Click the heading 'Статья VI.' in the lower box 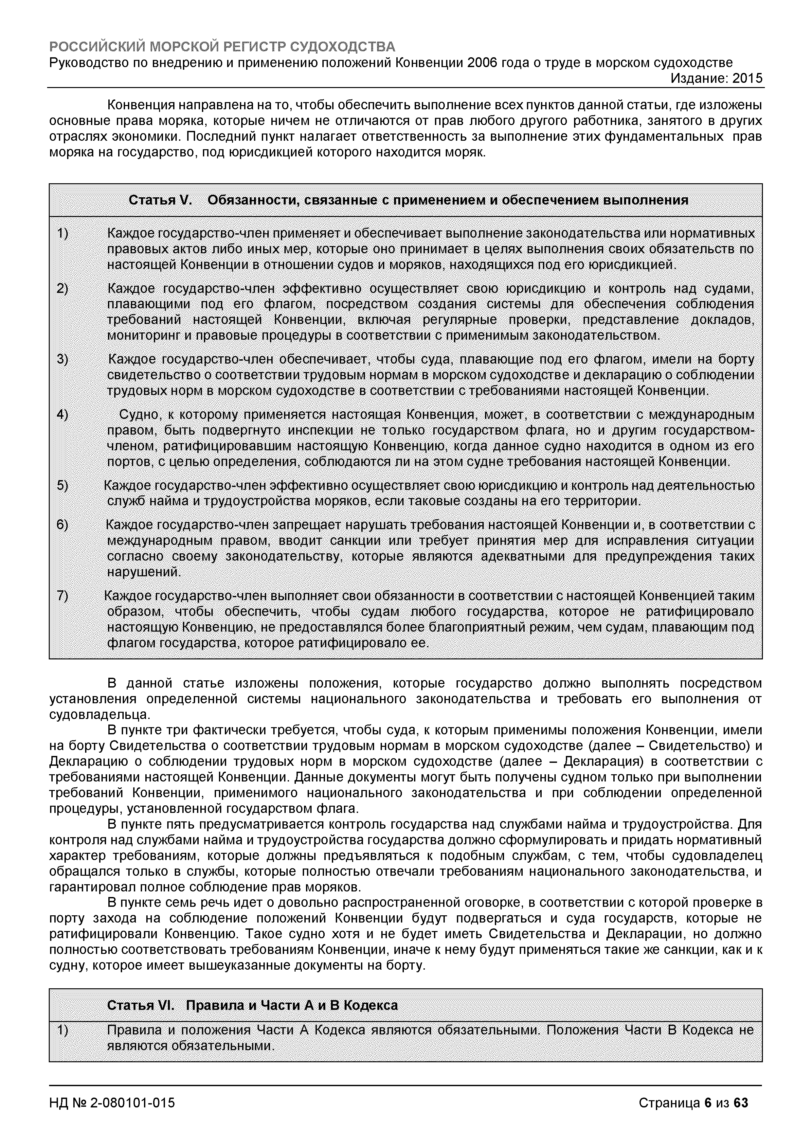(x=140, y=1006)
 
